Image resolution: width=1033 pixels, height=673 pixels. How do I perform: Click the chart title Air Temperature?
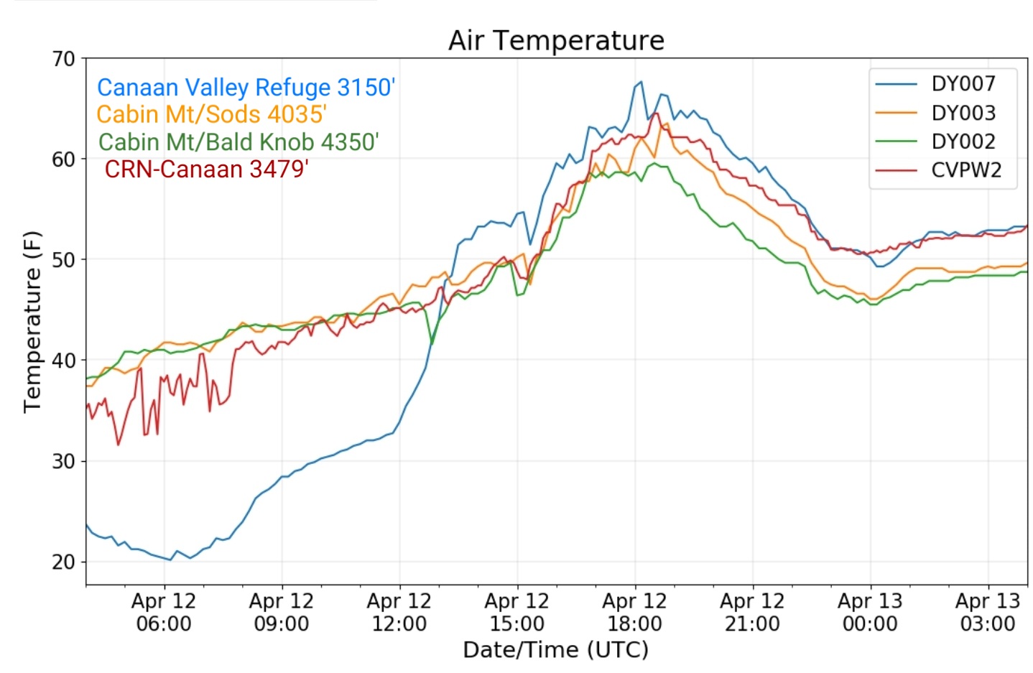(556, 40)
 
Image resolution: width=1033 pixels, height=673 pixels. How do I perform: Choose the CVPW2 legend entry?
(938, 170)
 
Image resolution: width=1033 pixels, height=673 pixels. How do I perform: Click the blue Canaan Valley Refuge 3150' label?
(246, 87)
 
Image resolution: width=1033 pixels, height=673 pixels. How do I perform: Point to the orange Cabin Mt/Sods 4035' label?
(212, 114)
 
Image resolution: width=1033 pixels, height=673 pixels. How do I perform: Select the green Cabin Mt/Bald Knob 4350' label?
(238, 141)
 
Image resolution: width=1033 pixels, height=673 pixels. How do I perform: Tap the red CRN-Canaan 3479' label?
(206, 169)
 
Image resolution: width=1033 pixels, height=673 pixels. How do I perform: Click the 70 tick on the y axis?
(63, 59)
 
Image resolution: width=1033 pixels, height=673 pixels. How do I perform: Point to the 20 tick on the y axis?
(63, 562)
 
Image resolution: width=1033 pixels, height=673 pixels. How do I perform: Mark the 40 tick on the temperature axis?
(63, 360)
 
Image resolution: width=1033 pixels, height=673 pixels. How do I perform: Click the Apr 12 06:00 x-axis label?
(165, 612)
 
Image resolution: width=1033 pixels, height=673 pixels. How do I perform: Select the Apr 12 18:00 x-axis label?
(635, 612)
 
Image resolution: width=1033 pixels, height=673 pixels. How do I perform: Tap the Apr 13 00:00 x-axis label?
(870, 612)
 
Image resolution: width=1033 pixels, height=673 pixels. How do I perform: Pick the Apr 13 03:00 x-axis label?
(988, 612)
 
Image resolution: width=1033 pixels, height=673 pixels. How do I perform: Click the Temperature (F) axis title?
(32, 322)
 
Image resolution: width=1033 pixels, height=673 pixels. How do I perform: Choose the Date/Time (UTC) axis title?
(556, 650)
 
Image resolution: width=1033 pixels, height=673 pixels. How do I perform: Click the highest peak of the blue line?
(641, 82)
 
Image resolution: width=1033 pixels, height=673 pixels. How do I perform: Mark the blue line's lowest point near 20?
(171, 560)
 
